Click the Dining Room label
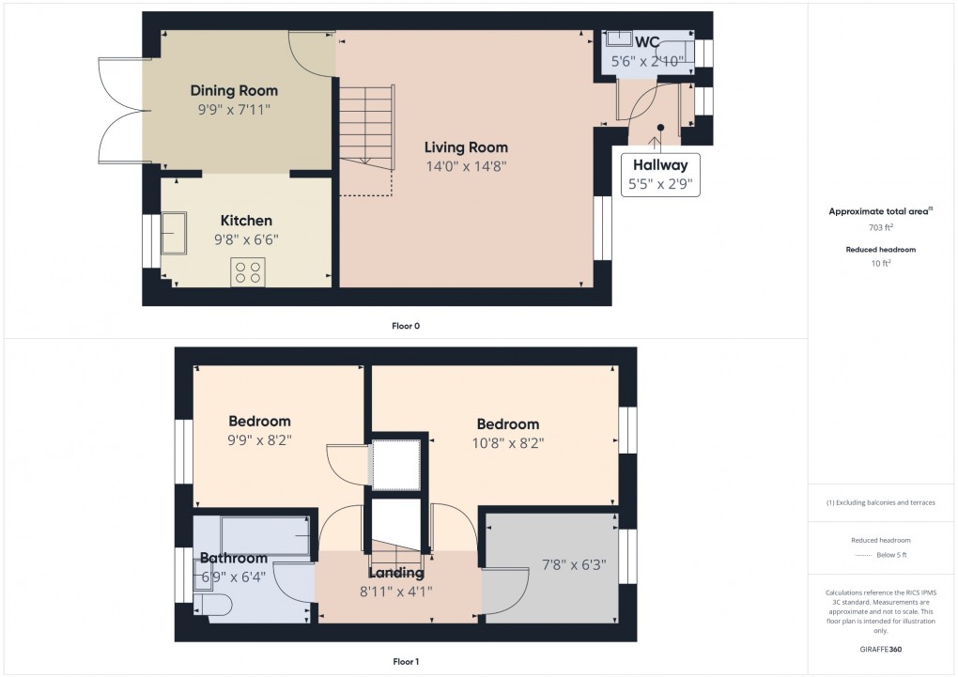[x=234, y=91]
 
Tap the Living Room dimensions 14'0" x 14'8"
[x=466, y=166]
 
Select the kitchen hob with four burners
[x=249, y=272]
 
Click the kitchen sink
[x=174, y=232]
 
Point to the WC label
[x=647, y=42]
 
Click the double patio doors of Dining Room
[x=120, y=110]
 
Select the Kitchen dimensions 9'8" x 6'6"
[x=246, y=239]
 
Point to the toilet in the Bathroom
[x=212, y=606]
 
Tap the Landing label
[x=396, y=573]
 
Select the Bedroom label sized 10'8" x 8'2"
[x=507, y=423]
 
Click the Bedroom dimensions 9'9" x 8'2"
[x=260, y=439]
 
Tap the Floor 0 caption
[x=406, y=326]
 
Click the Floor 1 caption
[x=406, y=662]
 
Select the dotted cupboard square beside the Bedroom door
[x=397, y=463]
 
